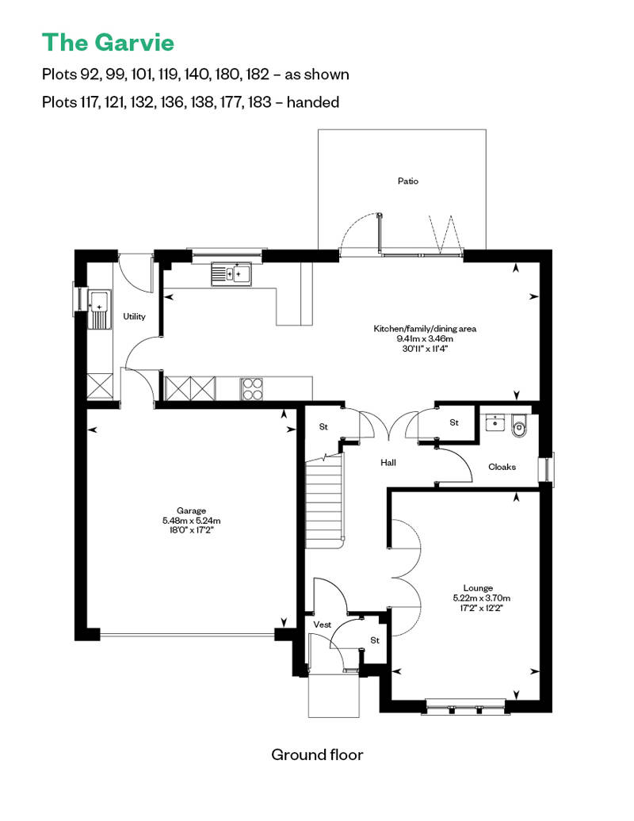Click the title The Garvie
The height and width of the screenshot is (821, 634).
click(108, 41)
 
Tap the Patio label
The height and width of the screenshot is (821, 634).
click(407, 181)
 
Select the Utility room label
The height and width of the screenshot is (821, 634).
click(134, 317)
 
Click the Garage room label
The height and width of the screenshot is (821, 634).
click(191, 510)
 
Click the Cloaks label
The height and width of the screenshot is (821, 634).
click(502, 467)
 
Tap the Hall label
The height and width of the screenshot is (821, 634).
click(388, 463)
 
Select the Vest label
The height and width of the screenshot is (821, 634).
click(322, 624)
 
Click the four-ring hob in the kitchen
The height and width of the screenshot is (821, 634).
click(253, 388)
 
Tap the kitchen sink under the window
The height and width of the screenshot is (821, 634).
click(231, 274)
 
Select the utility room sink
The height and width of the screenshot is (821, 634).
click(101, 306)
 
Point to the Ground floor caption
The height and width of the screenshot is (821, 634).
click(317, 754)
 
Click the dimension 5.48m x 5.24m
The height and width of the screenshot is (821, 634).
click(191, 521)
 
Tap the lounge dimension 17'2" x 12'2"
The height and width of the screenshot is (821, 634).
click(481, 609)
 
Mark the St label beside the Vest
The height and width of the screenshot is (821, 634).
click(375, 640)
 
